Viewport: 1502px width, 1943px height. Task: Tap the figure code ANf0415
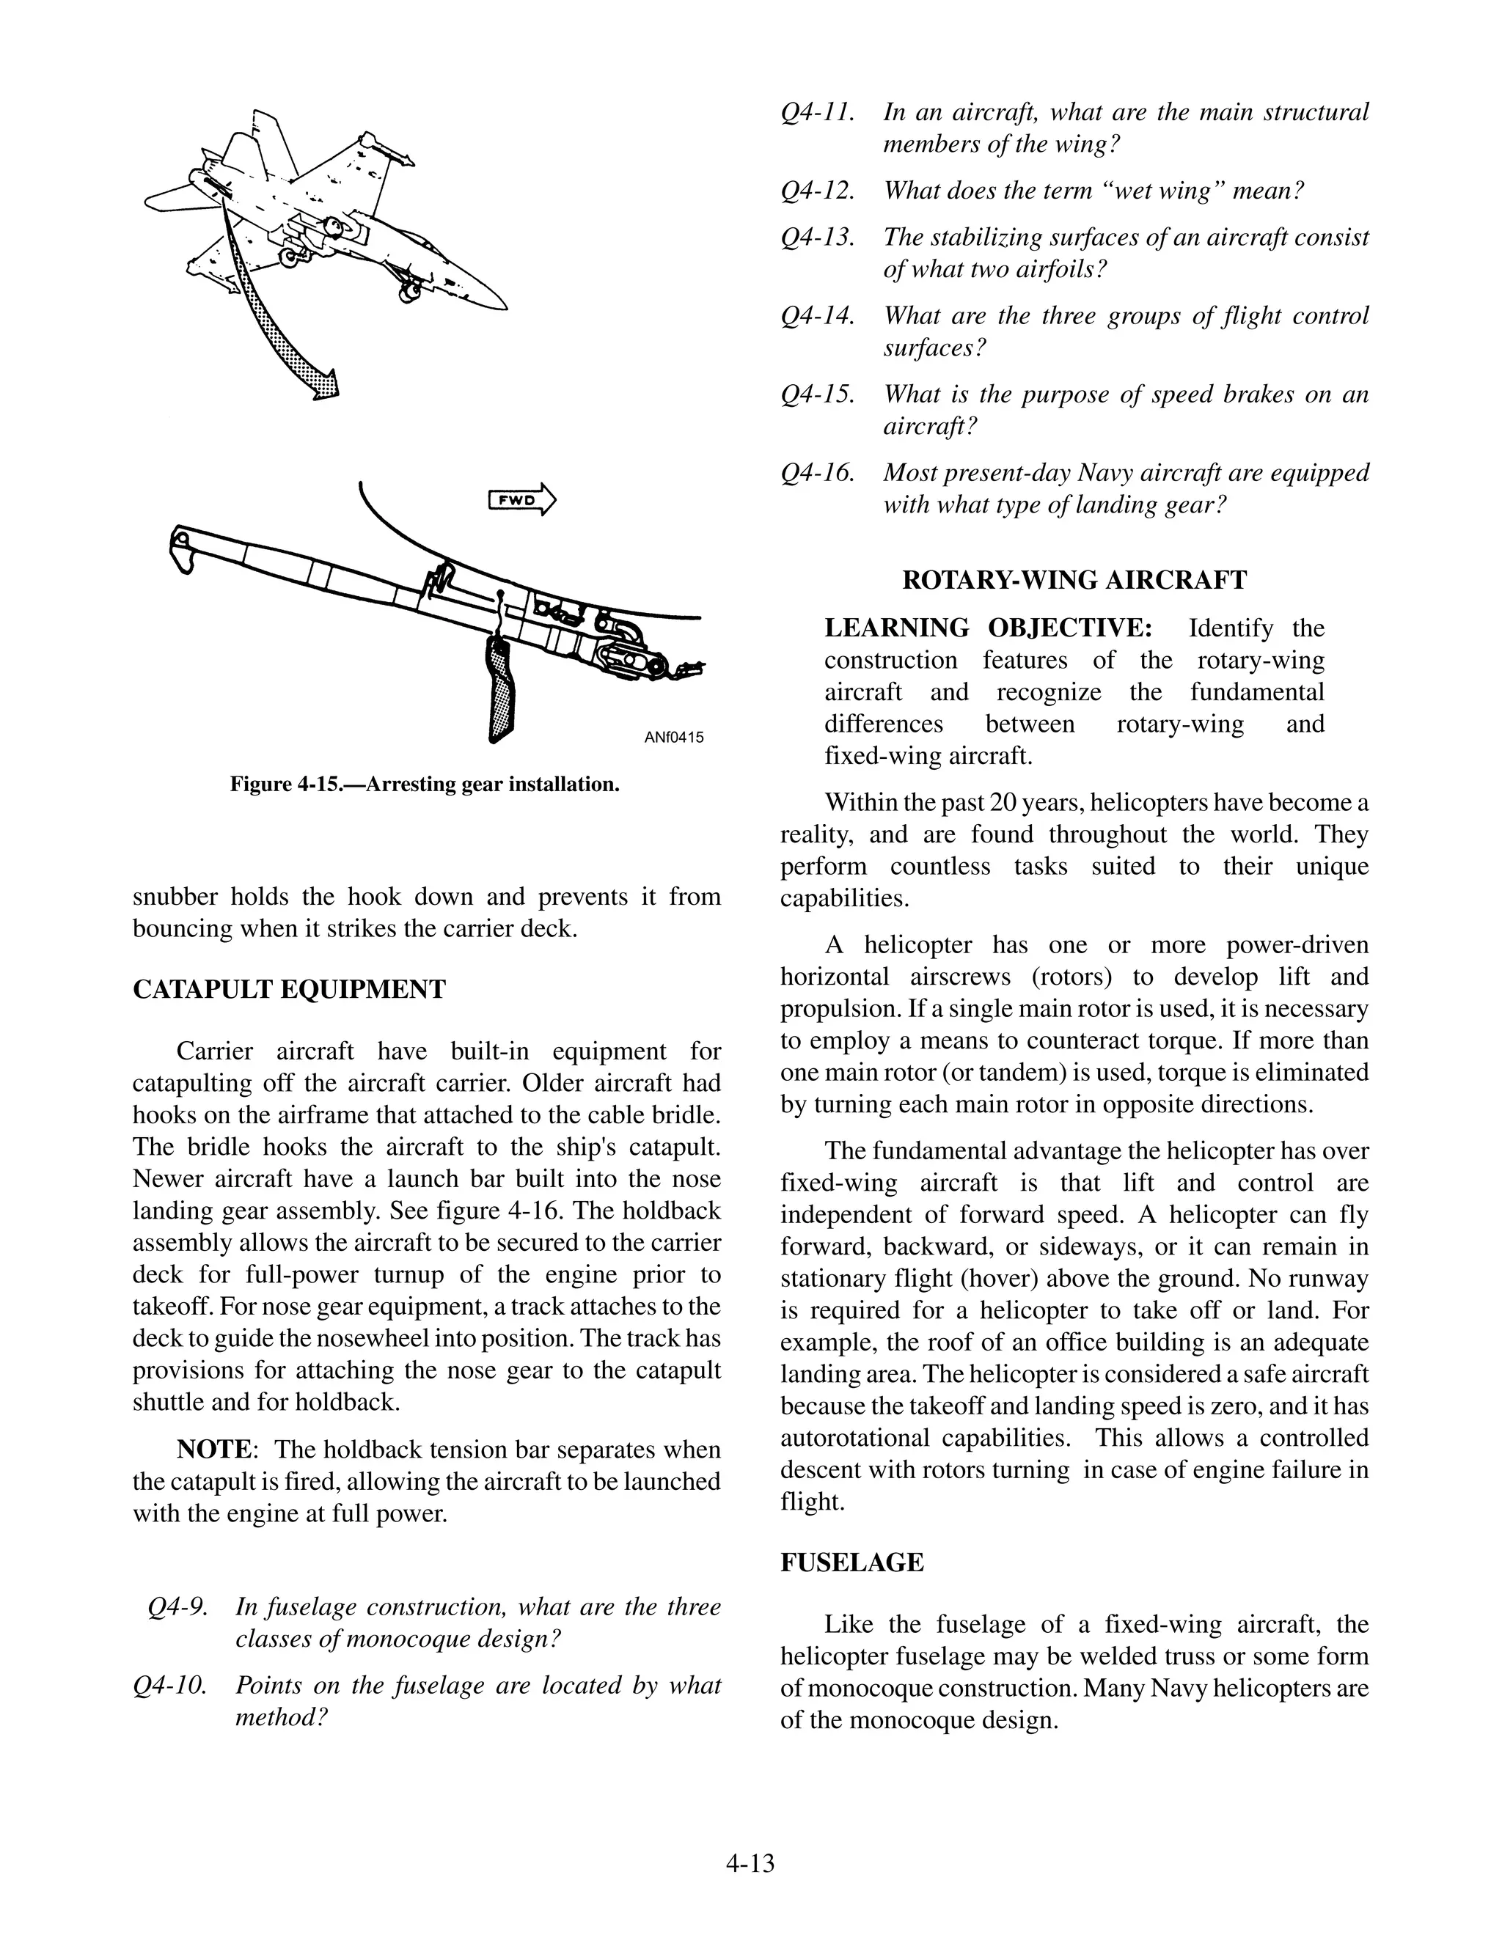(673, 737)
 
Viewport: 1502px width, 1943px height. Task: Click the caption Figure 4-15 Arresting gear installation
(425, 784)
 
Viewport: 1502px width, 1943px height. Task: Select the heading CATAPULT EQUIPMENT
(289, 989)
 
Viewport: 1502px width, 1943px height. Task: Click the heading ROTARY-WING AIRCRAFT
(1074, 580)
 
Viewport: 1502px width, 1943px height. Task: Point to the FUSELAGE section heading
(851, 1562)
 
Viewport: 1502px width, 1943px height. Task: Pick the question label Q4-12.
(817, 191)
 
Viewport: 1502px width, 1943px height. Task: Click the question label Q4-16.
(817, 472)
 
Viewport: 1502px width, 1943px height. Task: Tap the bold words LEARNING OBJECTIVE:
(988, 628)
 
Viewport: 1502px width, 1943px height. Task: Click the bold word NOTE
(214, 1450)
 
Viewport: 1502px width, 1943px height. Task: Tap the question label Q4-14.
(817, 316)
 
